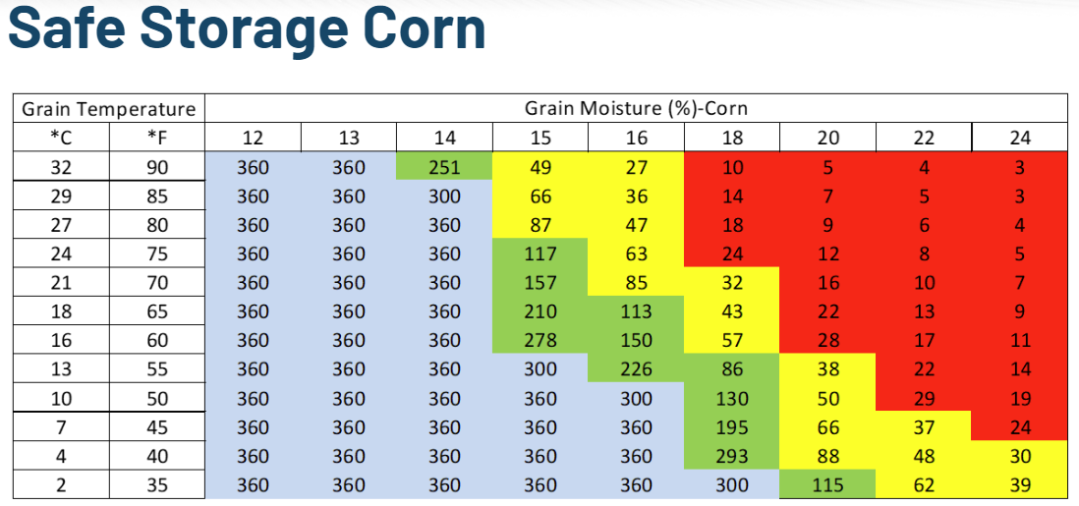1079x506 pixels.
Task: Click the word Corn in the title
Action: pos(428,29)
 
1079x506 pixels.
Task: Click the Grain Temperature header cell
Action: pos(108,109)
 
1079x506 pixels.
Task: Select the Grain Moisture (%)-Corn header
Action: pos(636,109)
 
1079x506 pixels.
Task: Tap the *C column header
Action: pos(60,138)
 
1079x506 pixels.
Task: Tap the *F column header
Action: pos(157,138)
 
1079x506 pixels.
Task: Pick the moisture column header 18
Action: pos(732,138)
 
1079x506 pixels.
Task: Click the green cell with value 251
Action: pos(444,167)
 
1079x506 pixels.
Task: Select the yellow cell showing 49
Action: pos(540,167)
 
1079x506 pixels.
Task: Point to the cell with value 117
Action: pos(540,253)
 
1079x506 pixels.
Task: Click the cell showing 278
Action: pos(540,340)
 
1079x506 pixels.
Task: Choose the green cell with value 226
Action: pos(636,369)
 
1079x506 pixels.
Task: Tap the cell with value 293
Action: pos(732,456)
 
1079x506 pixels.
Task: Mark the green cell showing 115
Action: pos(827,484)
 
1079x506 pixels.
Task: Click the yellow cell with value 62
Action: pos(924,484)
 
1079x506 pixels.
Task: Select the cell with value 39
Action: pos(1020,484)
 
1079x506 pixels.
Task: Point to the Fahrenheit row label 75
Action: pos(157,253)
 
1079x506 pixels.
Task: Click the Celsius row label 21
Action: pos(60,283)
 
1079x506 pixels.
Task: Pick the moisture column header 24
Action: pos(1020,138)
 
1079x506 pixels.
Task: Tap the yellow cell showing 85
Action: pos(636,283)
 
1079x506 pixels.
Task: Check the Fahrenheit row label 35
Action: pos(157,484)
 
